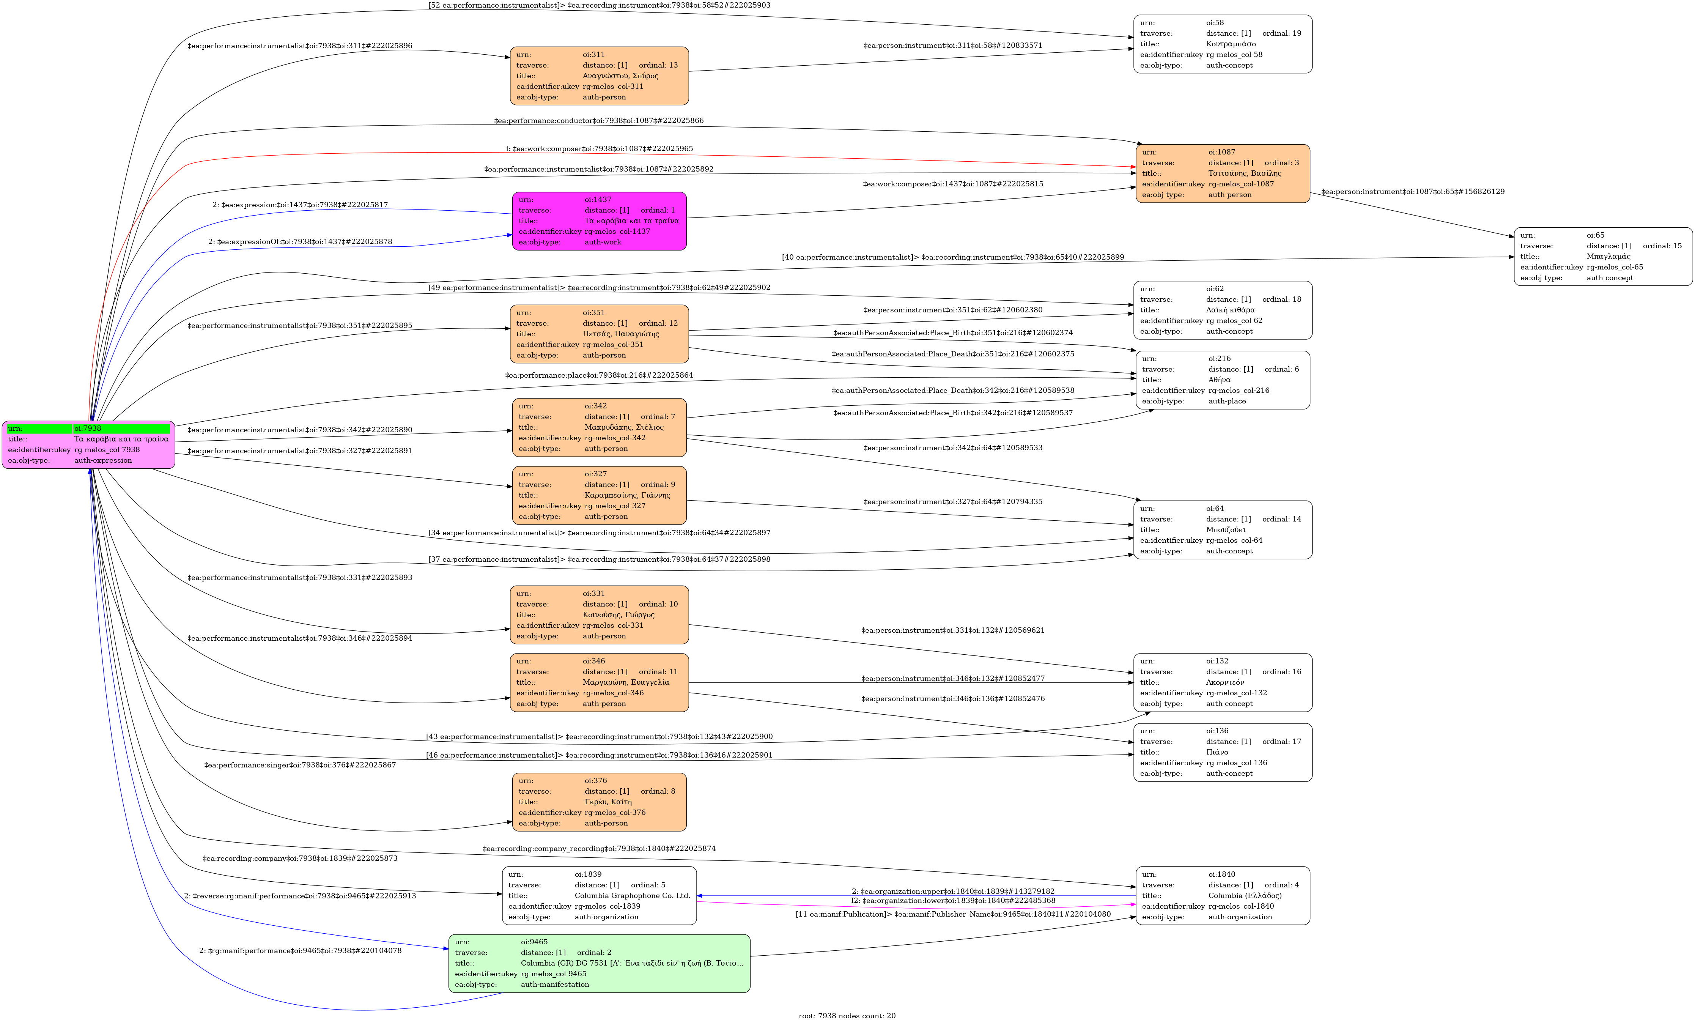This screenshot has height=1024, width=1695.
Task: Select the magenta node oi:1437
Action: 598,221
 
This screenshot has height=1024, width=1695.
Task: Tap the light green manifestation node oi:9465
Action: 598,963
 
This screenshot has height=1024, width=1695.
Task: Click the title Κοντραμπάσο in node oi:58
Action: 1231,44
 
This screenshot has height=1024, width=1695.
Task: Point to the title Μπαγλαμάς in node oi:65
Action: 1608,257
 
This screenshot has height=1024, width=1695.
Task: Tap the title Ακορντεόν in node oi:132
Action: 1224,683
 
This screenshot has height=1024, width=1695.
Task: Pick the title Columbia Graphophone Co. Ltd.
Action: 631,895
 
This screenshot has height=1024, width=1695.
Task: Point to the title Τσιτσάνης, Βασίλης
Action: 1245,173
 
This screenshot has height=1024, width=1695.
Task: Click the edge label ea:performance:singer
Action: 300,765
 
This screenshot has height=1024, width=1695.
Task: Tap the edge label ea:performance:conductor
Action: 598,120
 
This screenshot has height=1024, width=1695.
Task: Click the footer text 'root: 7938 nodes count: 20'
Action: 847,1016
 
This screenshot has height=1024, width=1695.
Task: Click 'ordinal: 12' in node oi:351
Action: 658,323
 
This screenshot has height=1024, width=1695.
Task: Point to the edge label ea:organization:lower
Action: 953,901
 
